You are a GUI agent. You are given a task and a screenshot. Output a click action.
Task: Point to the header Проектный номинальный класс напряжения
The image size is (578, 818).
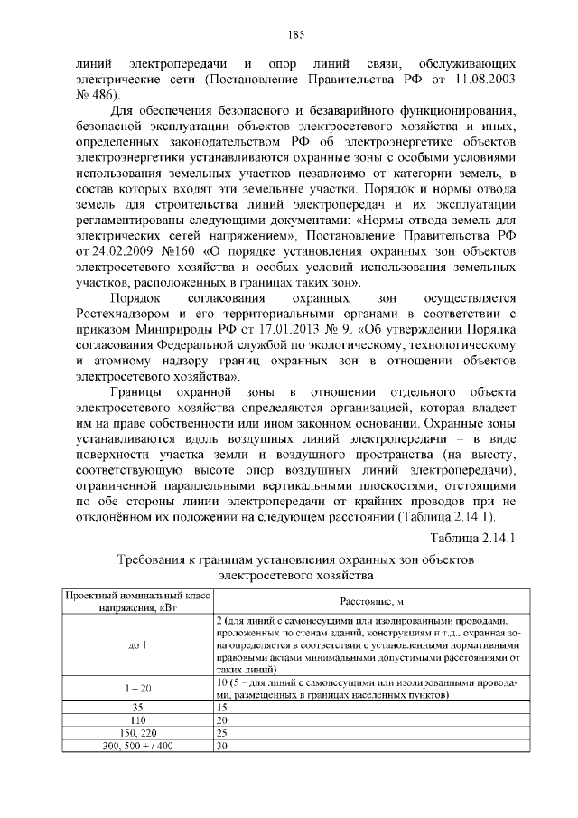[x=136, y=600]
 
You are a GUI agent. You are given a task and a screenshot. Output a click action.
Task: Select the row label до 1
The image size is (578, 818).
[x=137, y=646]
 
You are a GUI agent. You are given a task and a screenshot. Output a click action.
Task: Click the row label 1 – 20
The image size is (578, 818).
[x=137, y=689]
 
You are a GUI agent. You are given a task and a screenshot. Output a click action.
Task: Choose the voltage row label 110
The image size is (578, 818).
[x=137, y=719]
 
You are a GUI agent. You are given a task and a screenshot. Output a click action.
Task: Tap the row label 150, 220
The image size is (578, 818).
[x=137, y=733]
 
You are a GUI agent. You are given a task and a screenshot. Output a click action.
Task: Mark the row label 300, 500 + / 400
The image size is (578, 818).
[x=137, y=747]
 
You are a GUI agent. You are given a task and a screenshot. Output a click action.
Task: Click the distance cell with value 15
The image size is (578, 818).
[x=223, y=706]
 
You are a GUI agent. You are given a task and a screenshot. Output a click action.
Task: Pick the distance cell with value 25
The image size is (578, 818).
[x=223, y=733]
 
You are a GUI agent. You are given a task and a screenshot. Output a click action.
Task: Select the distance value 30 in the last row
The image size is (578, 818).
[x=223, y=747]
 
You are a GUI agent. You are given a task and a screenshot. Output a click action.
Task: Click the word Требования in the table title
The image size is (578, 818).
[x=158, y=560]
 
